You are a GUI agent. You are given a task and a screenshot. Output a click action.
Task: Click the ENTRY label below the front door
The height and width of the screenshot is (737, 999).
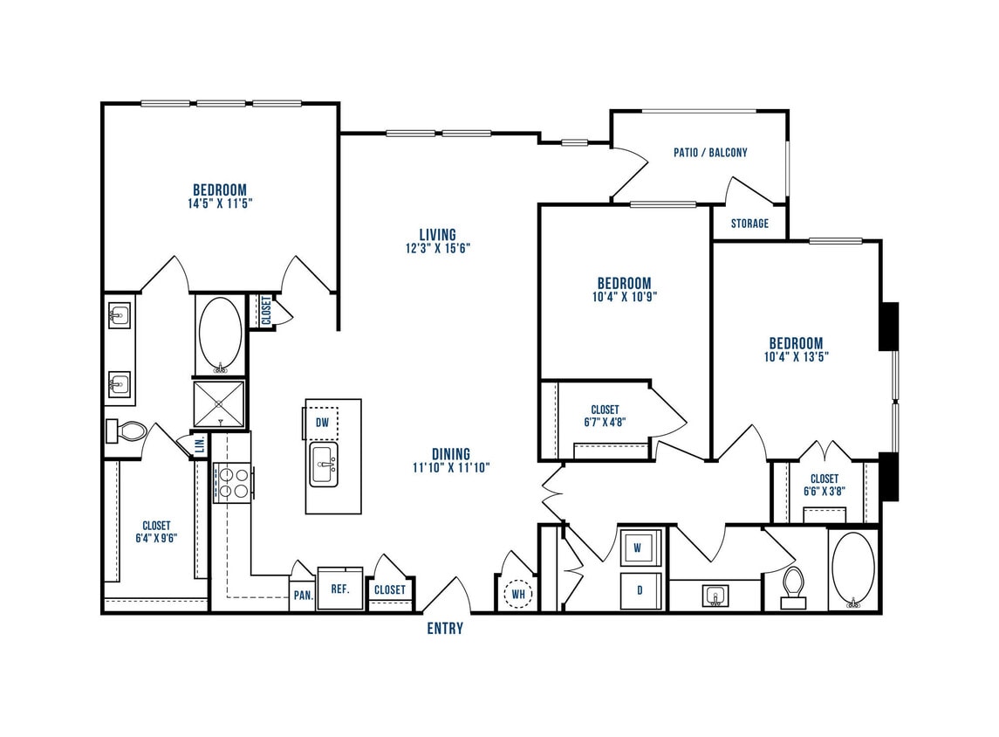[444, 629]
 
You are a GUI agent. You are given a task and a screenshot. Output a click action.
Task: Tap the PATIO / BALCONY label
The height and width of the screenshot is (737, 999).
[710, 152]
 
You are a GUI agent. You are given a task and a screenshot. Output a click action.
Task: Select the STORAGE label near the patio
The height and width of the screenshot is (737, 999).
[749, 224]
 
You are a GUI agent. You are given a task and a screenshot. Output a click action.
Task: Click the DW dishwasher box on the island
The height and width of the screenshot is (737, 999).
[322, 423]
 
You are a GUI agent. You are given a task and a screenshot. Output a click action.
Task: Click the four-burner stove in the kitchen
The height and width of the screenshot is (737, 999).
[232, 483]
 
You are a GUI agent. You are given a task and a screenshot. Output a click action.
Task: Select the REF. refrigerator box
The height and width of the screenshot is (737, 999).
[339, 589]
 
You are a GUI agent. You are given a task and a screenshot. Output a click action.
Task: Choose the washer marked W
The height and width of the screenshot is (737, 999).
[638, 548]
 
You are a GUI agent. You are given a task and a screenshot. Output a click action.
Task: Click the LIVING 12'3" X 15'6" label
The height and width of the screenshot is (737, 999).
[437, 240]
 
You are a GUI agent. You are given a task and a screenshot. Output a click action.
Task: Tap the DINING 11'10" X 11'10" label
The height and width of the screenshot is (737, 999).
[450, 460]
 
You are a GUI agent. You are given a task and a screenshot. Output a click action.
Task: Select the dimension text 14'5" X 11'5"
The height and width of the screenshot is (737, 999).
[220, 203]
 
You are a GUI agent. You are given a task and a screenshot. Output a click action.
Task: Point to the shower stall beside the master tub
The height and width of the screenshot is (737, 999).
[219, 403]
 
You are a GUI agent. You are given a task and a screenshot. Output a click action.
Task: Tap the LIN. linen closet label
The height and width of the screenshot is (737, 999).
[199, 445]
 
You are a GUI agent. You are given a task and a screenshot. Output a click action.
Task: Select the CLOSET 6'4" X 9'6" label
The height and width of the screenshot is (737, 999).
[156, 532]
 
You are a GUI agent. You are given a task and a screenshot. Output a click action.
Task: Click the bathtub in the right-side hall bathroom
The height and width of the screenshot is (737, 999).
[852, 568]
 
